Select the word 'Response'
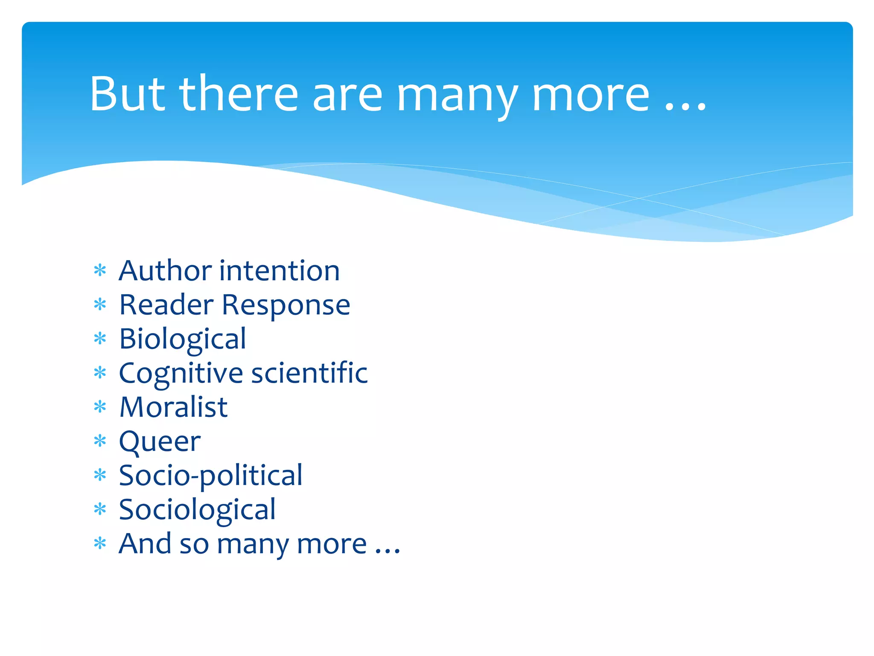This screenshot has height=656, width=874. point(286,306)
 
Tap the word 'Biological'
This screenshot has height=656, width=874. point(183,340)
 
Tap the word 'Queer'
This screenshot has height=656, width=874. point(160,442)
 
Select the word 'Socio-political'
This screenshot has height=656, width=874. point(210,476)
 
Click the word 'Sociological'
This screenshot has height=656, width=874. point(197,510)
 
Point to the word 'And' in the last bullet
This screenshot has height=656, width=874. point(146,544)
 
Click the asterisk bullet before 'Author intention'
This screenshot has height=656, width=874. point(100,271)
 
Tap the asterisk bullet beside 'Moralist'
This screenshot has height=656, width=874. point(100,407)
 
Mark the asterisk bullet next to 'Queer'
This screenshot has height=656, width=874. point(100,441)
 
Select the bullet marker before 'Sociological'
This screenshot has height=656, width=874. point(100,509)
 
